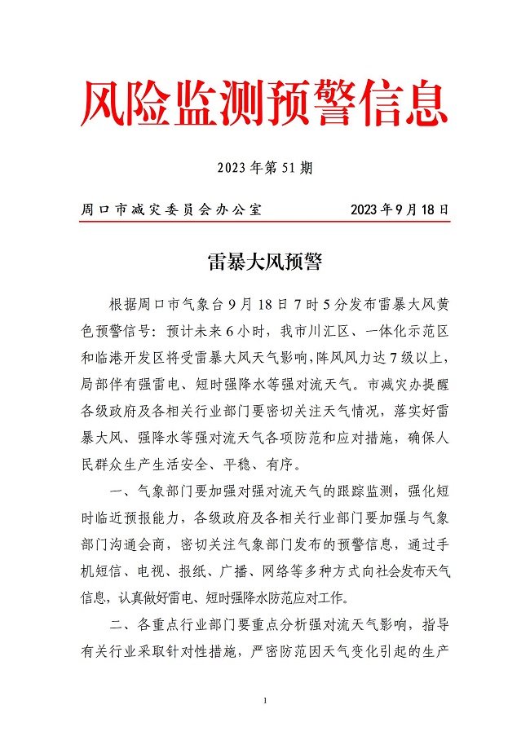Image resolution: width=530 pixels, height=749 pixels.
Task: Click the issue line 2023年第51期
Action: tap(265, 169)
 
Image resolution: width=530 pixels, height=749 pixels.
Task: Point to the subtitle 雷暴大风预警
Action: tap(265, 262)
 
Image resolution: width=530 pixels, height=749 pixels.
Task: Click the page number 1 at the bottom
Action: tap(265, 702)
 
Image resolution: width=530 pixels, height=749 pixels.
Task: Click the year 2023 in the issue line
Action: tap(232, 169)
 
